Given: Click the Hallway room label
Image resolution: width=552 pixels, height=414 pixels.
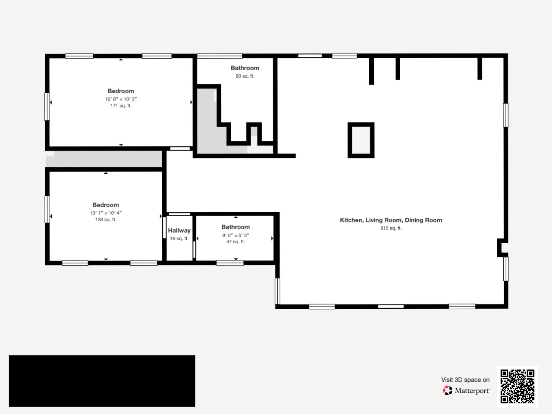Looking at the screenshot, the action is pos(179,230).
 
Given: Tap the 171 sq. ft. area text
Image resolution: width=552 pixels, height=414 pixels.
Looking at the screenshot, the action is pos(121,106).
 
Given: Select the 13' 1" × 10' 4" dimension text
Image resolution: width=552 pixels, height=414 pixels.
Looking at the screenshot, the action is pos(106,213).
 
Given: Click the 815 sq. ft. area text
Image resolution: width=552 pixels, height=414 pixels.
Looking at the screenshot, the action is pos(391,228).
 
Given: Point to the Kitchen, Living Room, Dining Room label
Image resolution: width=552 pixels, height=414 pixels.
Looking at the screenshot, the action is pos(391,220).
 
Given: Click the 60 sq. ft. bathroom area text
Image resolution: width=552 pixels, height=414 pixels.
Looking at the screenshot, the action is pos(245,76).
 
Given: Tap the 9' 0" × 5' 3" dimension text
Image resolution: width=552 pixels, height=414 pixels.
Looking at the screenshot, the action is pos(235,235).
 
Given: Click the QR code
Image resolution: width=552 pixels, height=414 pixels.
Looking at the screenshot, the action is pos(517,386).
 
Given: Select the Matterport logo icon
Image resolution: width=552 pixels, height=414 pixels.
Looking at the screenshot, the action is pos(447,390).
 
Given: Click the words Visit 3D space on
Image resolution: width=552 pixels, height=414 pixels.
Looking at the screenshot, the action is pos(465,380).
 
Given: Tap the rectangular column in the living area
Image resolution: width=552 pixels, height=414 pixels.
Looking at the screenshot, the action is pos(361,140).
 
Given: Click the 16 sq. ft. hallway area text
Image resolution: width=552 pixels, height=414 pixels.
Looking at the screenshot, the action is pos(179,238).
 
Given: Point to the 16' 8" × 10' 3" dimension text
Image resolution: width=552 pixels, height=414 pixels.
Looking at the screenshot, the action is pos(121,99).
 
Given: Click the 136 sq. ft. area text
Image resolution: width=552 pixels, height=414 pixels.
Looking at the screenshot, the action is pos(106,220).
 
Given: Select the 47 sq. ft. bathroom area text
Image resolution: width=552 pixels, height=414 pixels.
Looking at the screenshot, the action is pos(235,242).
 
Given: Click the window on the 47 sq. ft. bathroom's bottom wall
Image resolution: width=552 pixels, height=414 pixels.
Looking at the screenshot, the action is pos(230,263).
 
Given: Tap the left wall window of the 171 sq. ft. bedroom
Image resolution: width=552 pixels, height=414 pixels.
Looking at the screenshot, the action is pos(47,107).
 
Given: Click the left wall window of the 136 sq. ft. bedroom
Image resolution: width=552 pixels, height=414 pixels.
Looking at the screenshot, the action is pos(47,210).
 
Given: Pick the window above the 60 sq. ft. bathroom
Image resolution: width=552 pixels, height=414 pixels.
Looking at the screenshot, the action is pos(220,56).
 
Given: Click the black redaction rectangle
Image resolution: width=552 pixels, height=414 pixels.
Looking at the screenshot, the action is pos(102,381).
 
